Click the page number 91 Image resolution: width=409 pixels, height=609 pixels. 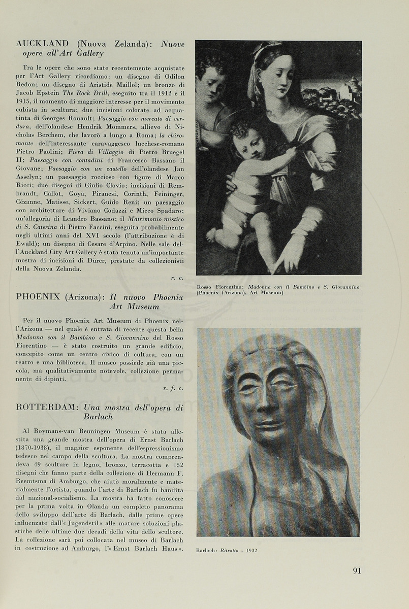pos(357,570)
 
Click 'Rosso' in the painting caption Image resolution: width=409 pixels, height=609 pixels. pos(206,287)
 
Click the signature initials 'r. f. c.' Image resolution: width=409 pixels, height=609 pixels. pos(173,388)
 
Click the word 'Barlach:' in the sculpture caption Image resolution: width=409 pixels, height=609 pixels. pos(207,550)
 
